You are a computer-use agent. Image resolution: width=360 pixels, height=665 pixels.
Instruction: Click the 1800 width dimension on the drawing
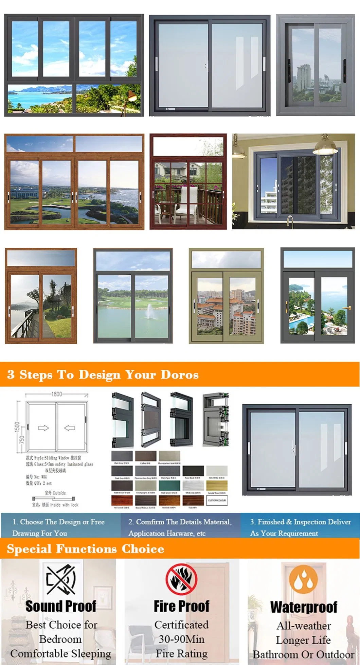pyautogui.click(x=57, y=394)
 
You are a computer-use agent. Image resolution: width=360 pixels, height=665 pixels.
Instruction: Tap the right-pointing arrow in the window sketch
pyautogui.click(x=43, y=428)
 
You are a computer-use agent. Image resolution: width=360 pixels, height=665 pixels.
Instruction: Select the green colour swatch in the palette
pyautogui.click(x=169, y=485)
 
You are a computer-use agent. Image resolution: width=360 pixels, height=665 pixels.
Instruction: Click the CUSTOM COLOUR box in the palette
pyautogui.click(x=217, y=500)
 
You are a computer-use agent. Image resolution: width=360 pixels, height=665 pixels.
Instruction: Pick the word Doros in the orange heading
pyautogui.click(x=179, y=374)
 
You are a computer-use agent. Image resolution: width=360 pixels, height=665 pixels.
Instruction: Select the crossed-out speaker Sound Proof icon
pyautogui.click(x=61, y=580)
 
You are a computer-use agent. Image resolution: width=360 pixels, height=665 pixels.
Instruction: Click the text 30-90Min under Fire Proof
pyautogui.click(x=181, y=639)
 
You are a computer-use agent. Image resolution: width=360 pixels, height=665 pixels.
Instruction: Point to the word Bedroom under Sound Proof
pyautogui.click(x=60, y=639)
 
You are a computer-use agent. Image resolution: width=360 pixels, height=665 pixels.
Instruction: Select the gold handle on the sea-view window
pyautogui.click(x=347, y=308)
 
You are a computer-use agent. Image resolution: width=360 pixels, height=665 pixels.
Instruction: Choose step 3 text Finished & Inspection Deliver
pyautogui.click(x=300, y=522)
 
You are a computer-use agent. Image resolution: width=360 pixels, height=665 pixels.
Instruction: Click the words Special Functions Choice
pyautogui.click(x=85, y=549)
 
